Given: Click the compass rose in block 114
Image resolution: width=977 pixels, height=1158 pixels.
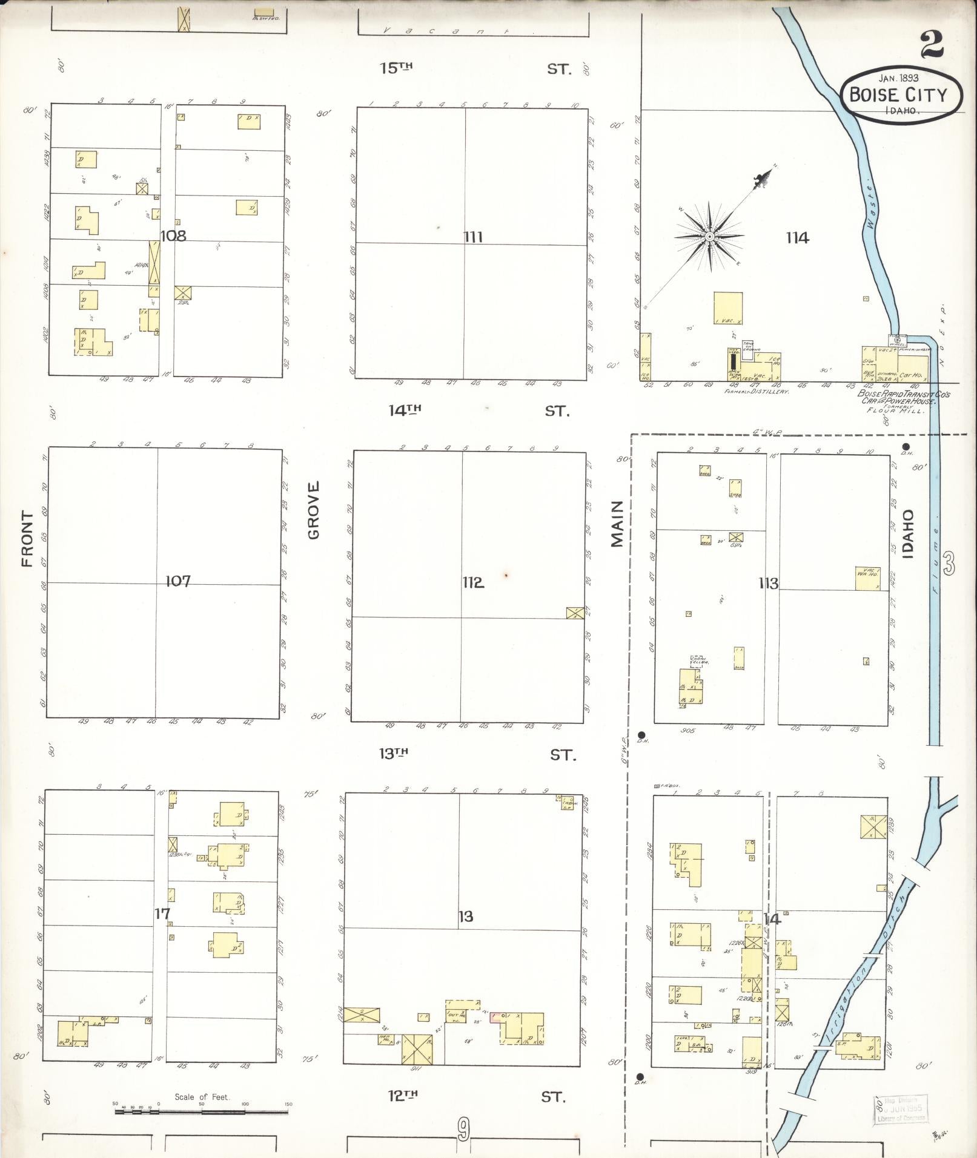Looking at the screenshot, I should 709,237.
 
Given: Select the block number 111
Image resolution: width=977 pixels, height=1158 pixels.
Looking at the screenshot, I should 473,237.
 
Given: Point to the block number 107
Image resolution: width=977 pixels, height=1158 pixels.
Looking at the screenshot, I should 178,581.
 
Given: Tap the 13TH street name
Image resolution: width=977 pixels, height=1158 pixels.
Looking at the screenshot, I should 394,754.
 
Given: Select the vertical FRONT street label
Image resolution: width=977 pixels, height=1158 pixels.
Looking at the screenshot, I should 27,539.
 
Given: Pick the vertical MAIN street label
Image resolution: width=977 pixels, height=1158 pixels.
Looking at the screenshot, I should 617,524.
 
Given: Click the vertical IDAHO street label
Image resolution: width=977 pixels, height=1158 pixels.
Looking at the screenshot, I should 907,532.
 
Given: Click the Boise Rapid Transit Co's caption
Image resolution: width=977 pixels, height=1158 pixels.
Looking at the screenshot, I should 903,394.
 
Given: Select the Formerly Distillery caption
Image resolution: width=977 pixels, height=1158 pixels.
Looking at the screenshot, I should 756,392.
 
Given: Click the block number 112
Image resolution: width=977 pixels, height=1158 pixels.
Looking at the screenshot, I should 473,582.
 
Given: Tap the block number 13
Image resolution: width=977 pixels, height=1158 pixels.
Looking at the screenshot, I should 465,916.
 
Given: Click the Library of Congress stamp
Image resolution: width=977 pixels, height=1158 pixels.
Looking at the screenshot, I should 900,1109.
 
